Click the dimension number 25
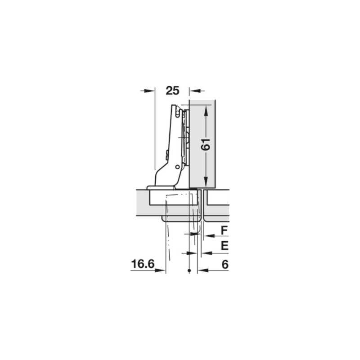click(x=172, y=91)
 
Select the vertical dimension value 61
click(x=206, y=144)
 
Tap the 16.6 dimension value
click(x=143, y=264)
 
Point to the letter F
click(x=224, y=230)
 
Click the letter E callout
click(x=225, y=246)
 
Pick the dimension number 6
click(x=225, y=265)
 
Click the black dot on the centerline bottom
click(x=189, y=271)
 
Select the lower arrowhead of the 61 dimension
click(x=206, y=181)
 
